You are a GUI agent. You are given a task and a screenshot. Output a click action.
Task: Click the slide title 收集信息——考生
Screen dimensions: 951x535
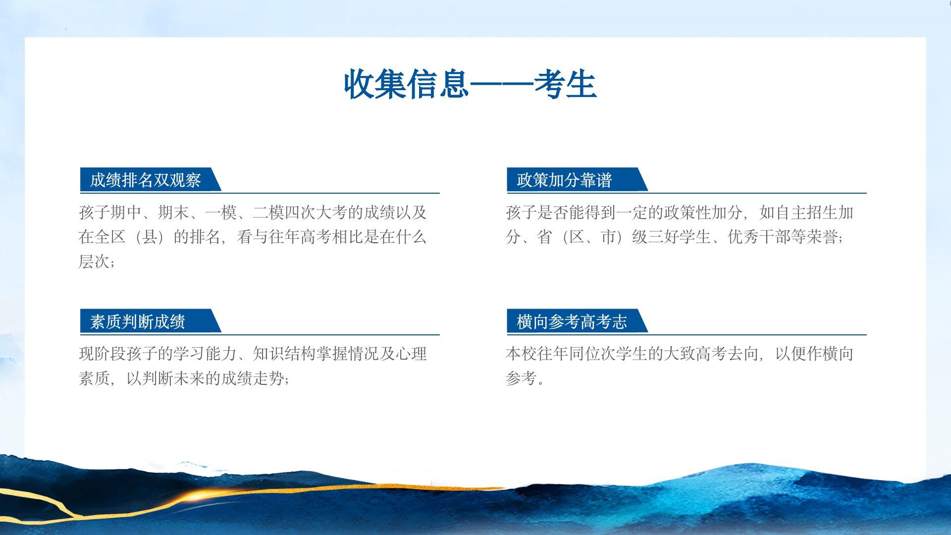click(470, 84)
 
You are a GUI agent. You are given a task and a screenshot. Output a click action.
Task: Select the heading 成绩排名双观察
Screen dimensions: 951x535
click(145, 180)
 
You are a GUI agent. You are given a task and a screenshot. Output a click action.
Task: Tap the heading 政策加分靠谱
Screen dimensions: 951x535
click(564, 180)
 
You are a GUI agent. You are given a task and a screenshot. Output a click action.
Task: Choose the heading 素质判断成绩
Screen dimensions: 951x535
click(137, 321)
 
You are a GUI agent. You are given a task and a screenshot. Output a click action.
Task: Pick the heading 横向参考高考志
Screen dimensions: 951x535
click(572, 321)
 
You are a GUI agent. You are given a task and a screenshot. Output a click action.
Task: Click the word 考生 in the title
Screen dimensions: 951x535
click(565, 84)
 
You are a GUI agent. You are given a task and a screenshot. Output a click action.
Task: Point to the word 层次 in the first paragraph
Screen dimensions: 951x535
click(94, 261)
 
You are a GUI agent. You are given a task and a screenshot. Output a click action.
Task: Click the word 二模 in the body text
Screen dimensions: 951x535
click(268, 213)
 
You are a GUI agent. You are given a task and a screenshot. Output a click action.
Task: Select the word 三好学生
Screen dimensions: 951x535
click(679, 237)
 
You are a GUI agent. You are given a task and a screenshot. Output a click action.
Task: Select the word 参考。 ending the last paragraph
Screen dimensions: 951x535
click(525, 378)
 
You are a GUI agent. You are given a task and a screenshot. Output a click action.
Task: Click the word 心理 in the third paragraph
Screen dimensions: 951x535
click(411, 354)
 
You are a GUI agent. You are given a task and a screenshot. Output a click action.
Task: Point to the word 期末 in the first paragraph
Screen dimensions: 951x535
click(173, 213)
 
